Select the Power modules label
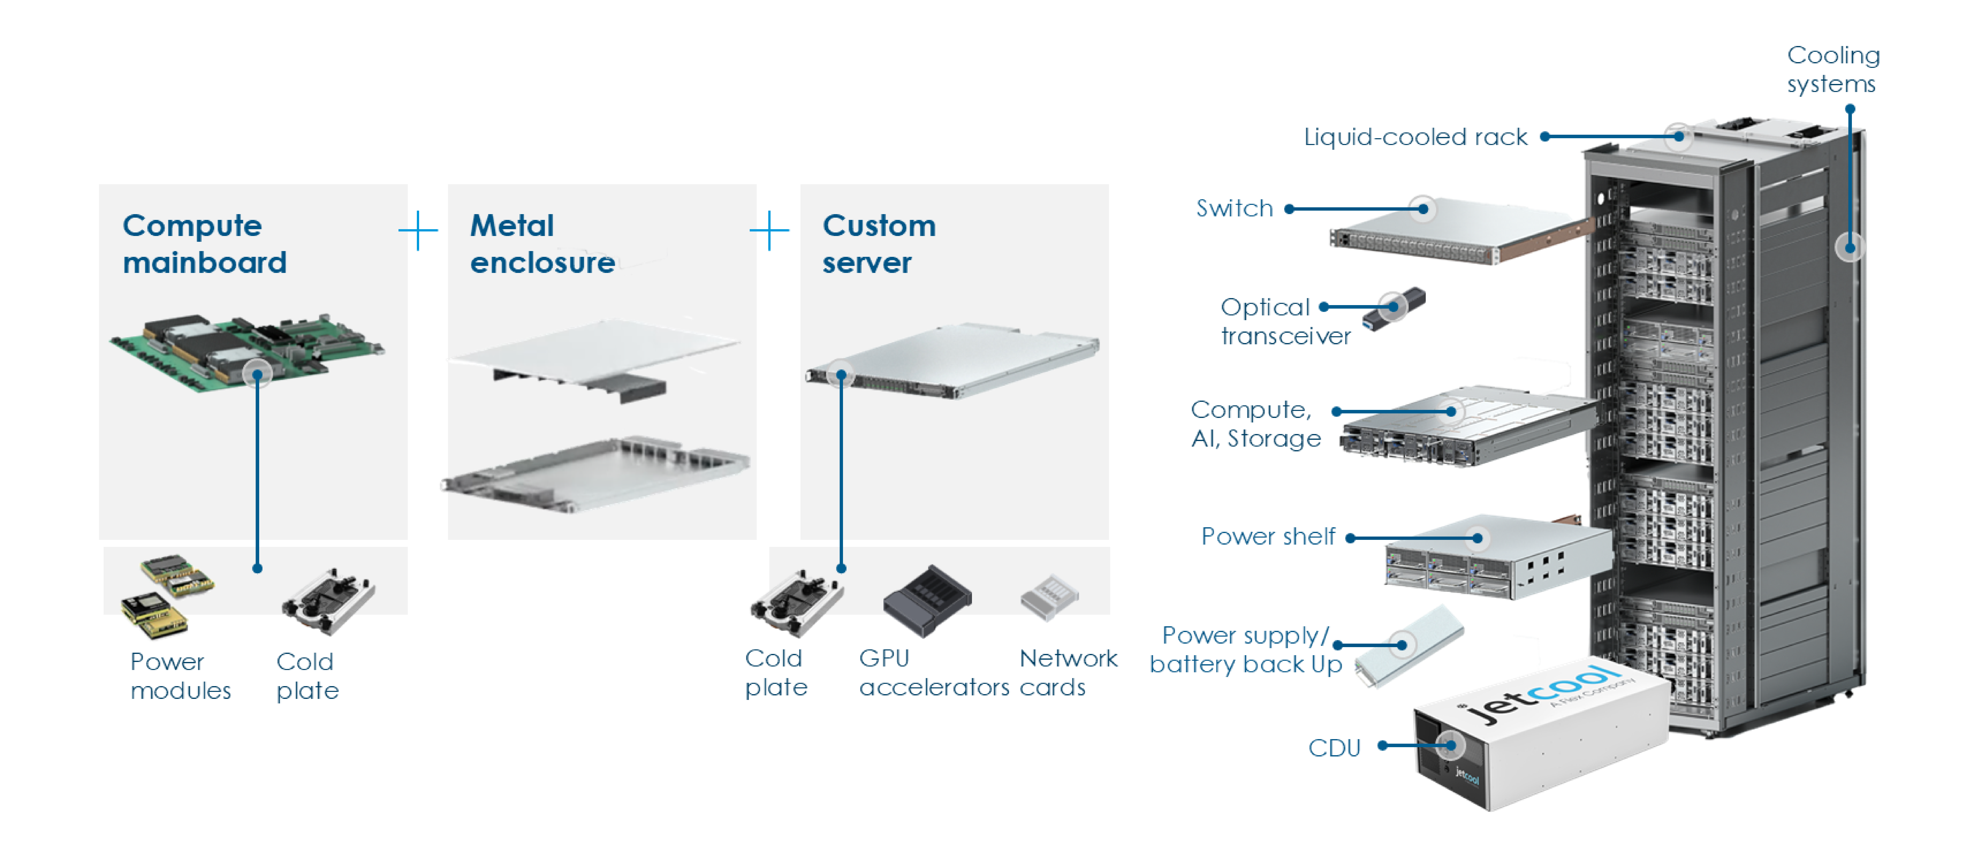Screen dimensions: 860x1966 180,675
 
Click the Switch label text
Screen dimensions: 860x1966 1234,208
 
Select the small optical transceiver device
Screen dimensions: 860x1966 1395,308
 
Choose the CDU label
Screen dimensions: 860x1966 1334,748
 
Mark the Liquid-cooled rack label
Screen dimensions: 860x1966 1415,137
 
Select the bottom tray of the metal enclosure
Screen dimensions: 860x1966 595,473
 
